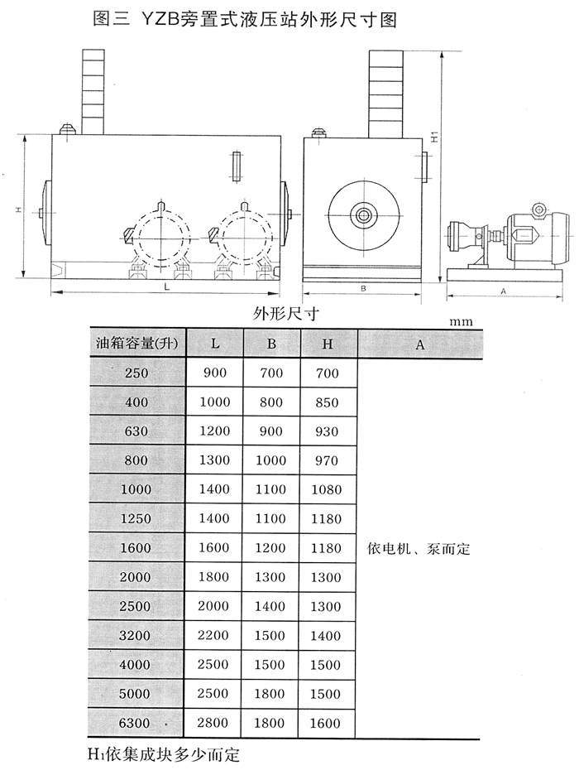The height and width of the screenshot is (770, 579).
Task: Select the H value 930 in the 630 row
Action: pyautogui.click(x=328, y=431)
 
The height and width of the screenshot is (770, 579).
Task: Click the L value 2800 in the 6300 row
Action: pyautogui.click(x=215, y=723)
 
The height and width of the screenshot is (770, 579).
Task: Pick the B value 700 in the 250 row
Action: pyautogui.click(x=271, y=373)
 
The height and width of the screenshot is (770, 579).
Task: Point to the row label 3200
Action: pyautogui.click(x=136, y=636)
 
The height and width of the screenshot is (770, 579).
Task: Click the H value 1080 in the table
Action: pyautogui.click(x=328, y=489)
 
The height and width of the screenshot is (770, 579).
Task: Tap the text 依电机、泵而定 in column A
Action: pyautogui.click(x=417, y=548)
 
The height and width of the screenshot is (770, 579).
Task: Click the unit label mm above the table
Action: pyautogui.click(x=462, y=321)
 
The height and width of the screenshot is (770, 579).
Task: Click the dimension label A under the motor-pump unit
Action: pyautogui.click(x=504, y=291)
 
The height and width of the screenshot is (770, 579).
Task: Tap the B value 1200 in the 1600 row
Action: pyautogui.click(x=271, y=548)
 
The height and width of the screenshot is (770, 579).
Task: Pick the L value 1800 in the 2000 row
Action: pyautogui.click(x=215, y=577)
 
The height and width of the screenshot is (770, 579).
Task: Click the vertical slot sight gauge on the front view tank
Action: pyautogui.click(x=237, y=166)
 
